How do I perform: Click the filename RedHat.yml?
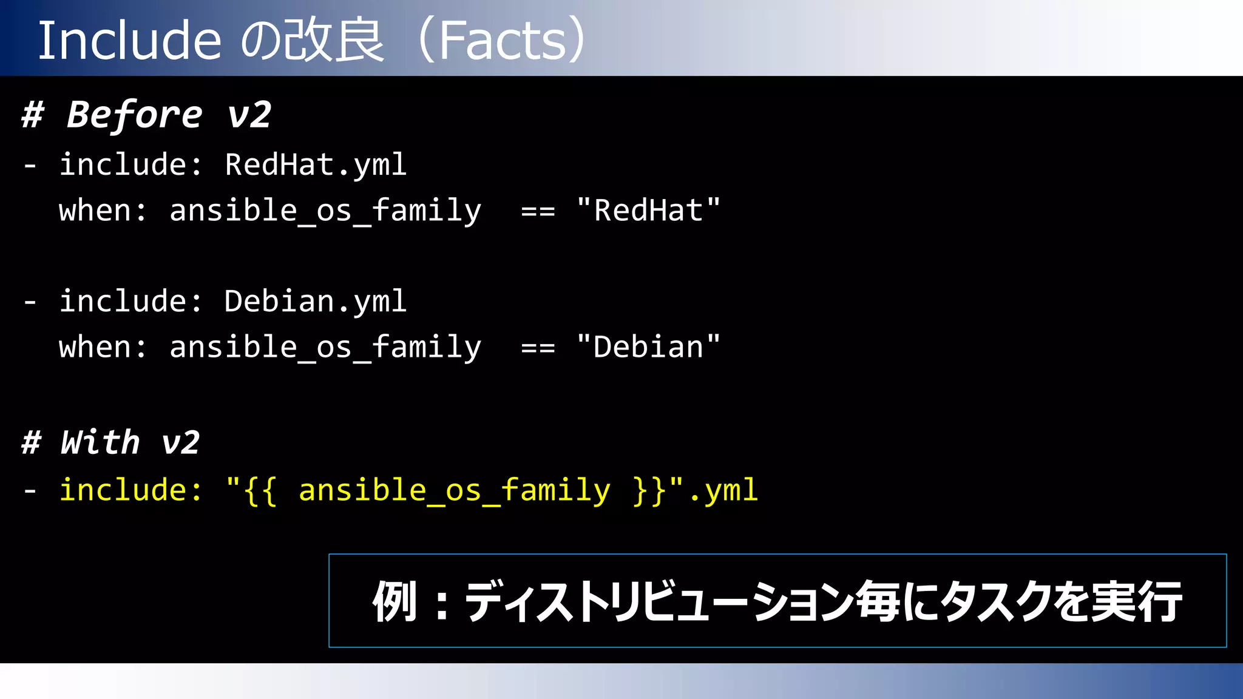click(316, 164)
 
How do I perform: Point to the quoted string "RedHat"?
click(648, 211)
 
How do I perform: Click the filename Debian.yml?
click(316, 301)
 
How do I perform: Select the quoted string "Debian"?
click(648, 347)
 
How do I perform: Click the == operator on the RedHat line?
click(538, 212)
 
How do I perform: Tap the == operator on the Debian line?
click(538, 348)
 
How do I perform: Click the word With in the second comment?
click(101, 442)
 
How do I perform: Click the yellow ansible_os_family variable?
click(454, 490)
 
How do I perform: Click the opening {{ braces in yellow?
click(260, 490)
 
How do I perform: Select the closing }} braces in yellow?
click(649, 490)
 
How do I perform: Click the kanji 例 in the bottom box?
click(395, 601)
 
